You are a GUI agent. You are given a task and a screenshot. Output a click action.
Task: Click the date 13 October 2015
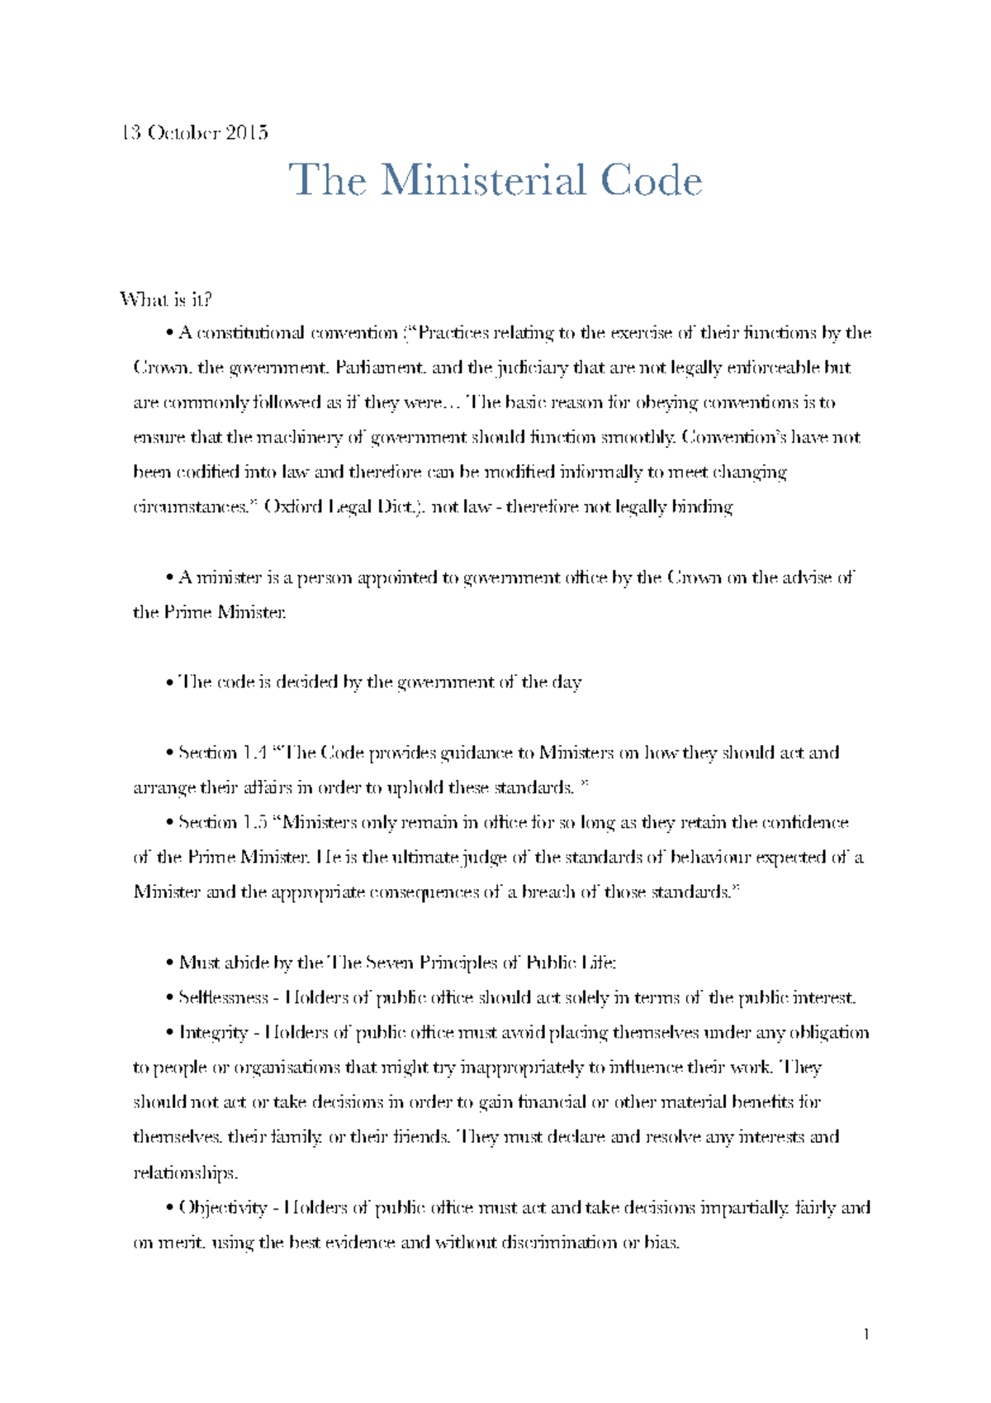coord(194,132)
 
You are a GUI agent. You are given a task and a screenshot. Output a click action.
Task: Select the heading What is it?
coord(172,298)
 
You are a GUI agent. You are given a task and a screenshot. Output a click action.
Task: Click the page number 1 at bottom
coord(866,1334)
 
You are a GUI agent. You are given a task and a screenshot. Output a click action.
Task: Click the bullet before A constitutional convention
coord(169,334)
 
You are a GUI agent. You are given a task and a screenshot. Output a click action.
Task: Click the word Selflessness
coord(224,997)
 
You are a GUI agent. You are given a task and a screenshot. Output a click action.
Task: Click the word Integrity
coord(213,1033)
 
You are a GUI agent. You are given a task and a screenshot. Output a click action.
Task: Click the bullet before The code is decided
coord(169,683)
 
